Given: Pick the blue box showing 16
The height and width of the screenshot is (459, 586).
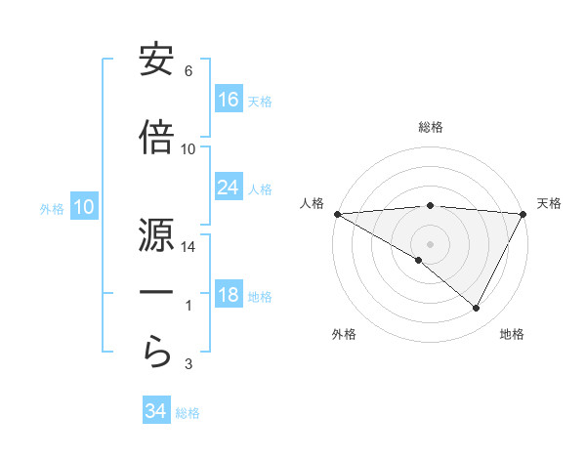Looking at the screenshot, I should (229, 100).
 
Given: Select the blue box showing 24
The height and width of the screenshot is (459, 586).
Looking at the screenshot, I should (229, 188).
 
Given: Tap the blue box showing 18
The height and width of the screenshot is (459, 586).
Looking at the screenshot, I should (229, 296).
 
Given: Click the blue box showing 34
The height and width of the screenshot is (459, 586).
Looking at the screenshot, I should (156, 411).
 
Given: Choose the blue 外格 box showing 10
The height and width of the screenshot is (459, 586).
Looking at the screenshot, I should (83, 207).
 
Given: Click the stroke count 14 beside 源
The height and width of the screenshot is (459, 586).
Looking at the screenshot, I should (188, 247).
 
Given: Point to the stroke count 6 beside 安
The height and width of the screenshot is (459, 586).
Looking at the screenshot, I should (188, 71).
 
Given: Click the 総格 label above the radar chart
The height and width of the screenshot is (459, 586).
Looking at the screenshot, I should (430, 127).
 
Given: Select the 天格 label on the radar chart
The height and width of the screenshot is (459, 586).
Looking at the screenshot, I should (550, 203).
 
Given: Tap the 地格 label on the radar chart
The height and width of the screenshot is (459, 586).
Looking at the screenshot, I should (512, 335).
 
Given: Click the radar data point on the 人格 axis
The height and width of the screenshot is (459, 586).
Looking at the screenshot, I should (337, 213).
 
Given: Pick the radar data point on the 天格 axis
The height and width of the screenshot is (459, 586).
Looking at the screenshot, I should (523, 213).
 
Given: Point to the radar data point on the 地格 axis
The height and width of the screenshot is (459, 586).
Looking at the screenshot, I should (477, 308).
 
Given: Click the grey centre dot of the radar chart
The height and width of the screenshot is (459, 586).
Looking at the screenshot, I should (430, 243).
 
